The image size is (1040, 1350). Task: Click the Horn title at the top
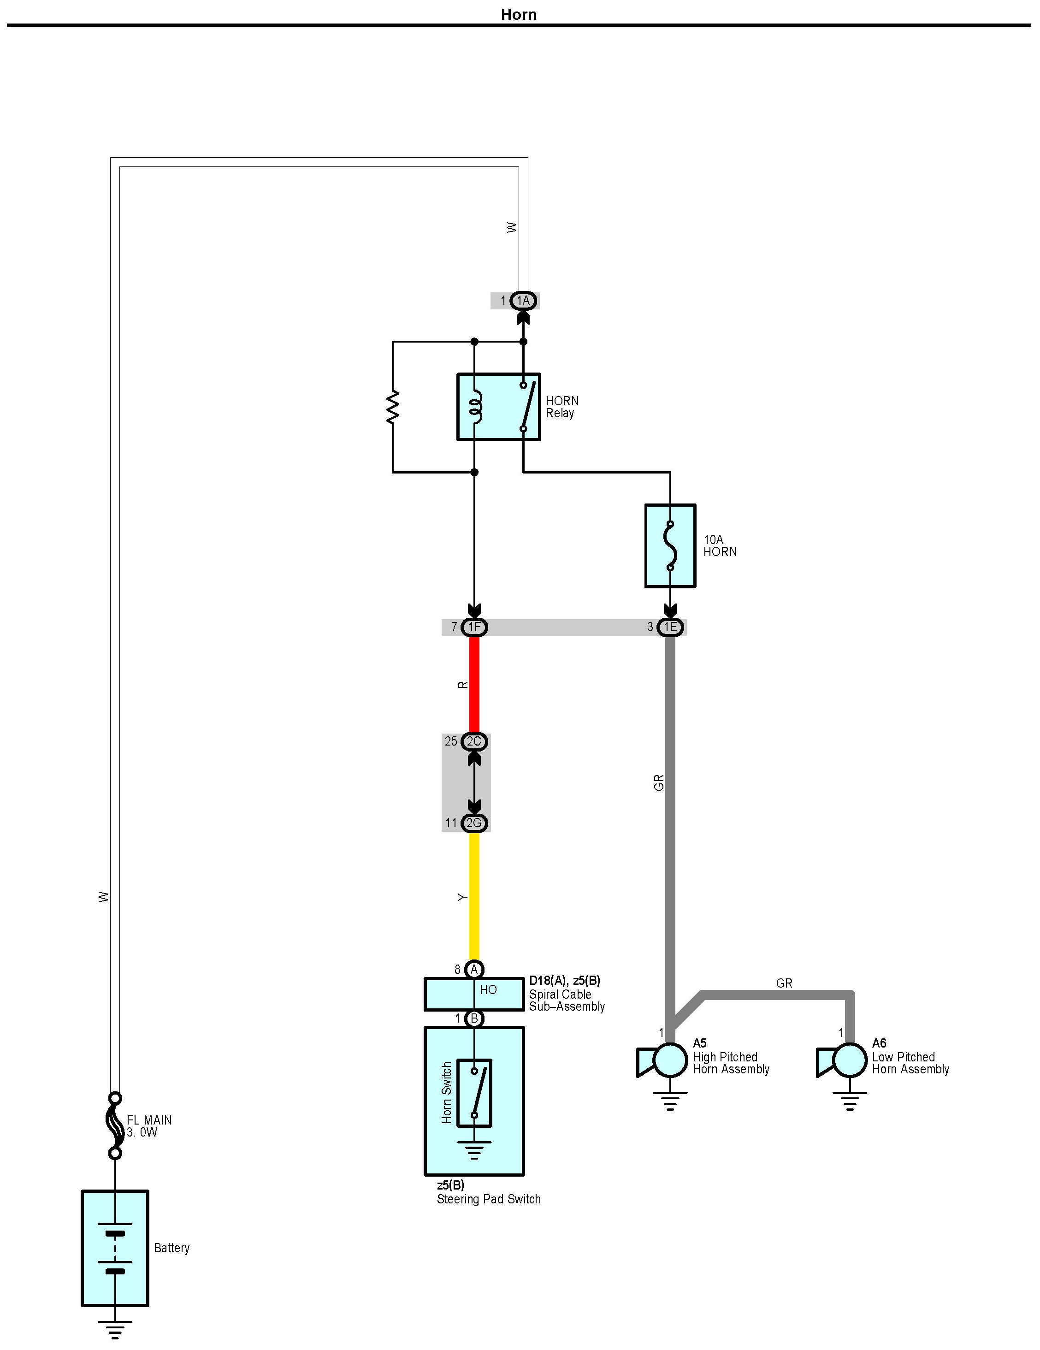519,14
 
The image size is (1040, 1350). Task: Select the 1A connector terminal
523,301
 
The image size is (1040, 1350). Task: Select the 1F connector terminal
474,628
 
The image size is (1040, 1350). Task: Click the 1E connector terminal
670,628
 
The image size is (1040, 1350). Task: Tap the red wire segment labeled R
474,685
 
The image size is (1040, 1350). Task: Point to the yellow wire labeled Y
474,896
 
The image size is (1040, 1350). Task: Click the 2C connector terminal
474,741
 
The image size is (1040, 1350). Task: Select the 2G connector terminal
474,823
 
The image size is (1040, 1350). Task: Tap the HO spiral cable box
474,995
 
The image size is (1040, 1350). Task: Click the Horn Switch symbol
474,1094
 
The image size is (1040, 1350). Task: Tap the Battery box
115,1248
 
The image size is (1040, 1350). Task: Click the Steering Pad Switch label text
488,1199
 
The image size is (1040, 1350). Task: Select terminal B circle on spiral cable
474,1018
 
